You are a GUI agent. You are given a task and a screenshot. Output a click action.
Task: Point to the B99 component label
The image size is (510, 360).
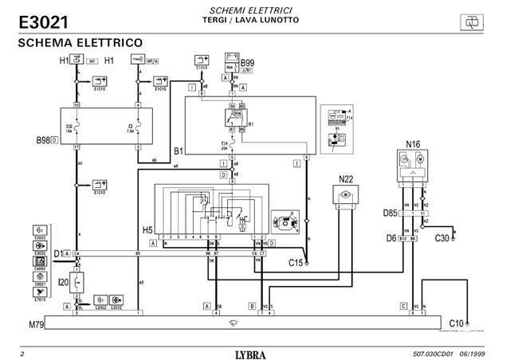(x=248, y=62)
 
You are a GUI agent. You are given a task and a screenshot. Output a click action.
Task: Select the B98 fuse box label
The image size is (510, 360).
(x=43, y=140)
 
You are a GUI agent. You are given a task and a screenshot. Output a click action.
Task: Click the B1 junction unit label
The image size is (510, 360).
(x=179, y=148)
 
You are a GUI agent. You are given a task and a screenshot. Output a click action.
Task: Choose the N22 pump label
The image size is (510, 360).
(x=346, y=179)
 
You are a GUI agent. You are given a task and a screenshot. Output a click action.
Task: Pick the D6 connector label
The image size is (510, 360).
(x=391, y=237)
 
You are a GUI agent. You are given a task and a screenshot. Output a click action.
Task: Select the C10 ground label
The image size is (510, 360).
(x=457, y=322)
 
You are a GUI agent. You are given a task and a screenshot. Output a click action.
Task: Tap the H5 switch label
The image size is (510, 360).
(x=147, y=229)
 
